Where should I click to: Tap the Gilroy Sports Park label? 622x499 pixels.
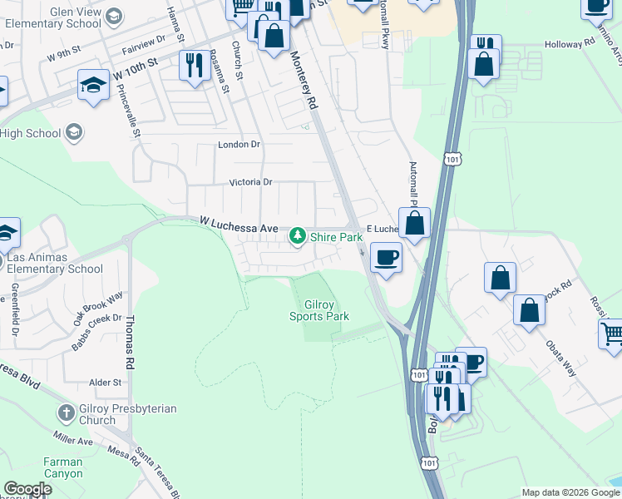[319, 310]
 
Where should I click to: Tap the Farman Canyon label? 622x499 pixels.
[62, 467]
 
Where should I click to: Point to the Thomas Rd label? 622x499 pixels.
[130, 341]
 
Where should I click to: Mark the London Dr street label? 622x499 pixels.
[239, 145]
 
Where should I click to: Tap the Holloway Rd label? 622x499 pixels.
[570, 44]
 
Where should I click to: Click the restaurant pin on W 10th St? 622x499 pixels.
[194, 66]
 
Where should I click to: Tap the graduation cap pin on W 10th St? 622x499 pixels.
[93, 84]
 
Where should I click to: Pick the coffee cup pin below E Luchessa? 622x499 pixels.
[385, 257]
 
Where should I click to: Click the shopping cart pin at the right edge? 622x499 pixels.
[612, 333]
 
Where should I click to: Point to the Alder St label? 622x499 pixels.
[105, 383]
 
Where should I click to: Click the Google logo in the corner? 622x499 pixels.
[27, 489]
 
